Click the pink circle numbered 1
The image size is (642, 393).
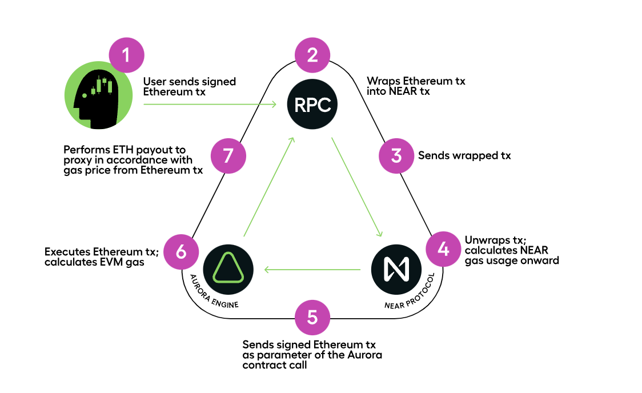(x=126, y=55)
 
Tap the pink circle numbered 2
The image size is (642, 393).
(x=312, y=55)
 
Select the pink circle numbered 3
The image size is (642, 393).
(x=396, y=155)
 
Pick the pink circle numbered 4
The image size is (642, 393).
(x=444, y=250)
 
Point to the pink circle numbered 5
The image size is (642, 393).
(x=312, y=317)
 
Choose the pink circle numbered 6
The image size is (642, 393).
(x=181, y=251)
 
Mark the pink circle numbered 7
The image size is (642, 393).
(x=228, y=155)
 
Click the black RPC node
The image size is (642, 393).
(x=312, y=105)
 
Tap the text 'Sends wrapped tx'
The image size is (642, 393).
(x=464, y=155)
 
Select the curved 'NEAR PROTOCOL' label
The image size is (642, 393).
(x=411, y=294)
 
